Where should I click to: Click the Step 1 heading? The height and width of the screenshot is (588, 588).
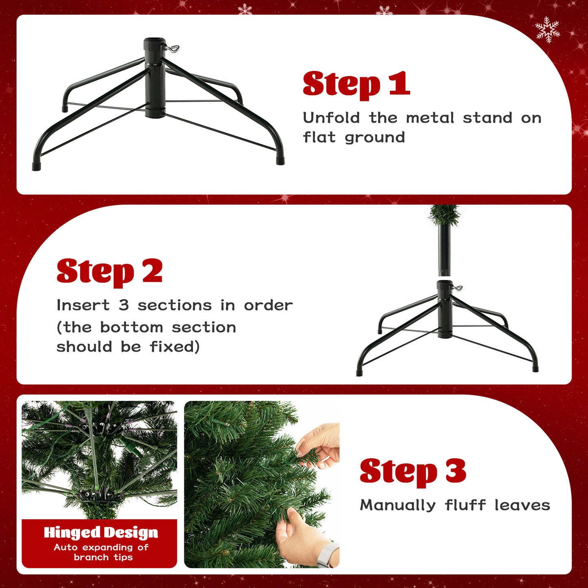[x=356, y=84]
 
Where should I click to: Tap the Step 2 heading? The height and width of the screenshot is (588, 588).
[x=109, y=271]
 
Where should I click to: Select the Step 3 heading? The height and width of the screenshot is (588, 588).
[x=413, y=471]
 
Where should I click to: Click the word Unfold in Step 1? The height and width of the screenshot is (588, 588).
[x=331, y=118]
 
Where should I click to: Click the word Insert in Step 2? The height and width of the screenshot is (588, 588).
[x=83, y=305]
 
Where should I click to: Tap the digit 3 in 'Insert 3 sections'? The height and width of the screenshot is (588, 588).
[x=124, y=305]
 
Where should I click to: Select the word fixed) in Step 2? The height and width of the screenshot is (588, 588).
[x=175, y=347]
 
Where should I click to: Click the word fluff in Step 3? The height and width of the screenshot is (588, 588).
[x=465, y=505]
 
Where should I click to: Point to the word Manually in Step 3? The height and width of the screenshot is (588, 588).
[x=398, y=505]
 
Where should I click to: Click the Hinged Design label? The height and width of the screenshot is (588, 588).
[x=101, y=532]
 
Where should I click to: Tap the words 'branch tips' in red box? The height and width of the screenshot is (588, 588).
[x=103, y=557]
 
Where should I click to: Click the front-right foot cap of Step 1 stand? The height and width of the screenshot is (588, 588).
[x=280, y=160]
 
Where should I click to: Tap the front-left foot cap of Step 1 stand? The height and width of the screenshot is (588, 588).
[x=36, y=166]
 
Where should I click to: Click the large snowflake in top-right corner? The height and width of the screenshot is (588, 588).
[x=548, y=30]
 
